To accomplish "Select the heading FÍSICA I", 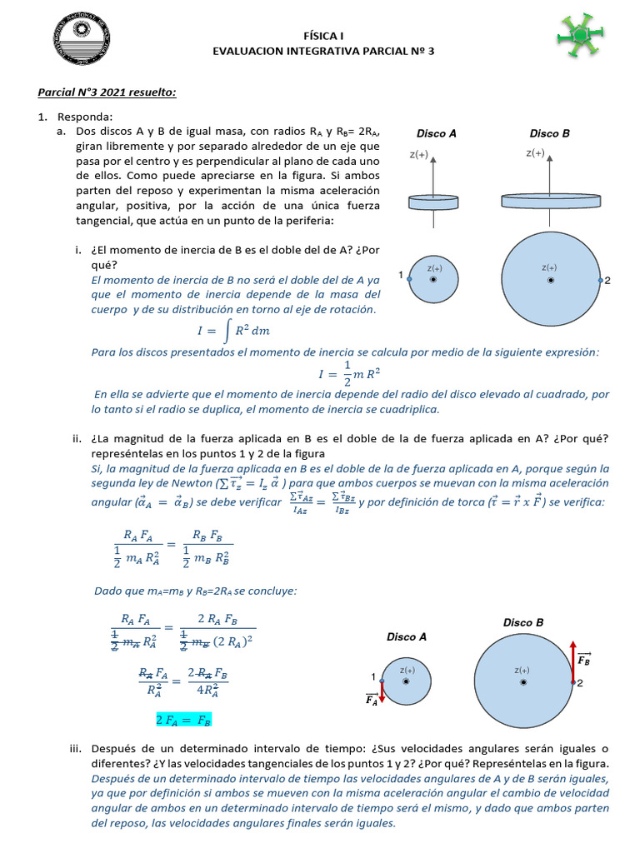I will click(x=322, y=36).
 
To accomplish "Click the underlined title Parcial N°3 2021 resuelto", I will click(x=107, y=92).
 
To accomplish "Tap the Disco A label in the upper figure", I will click(x=436, y=133).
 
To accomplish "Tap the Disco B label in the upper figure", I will click(x=549, y=133).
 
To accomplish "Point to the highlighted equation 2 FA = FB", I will click(x=183, y=719).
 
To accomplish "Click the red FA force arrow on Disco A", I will click(x=381, y=689).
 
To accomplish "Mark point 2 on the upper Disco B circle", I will click(x=600, y=281).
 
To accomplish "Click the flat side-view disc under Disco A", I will click(x=433, y=202).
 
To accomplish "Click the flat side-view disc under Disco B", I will click(x=551, y=201).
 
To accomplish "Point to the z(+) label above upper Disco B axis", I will click(x=534, y=153).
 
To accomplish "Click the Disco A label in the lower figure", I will click(x=406, y=636).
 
